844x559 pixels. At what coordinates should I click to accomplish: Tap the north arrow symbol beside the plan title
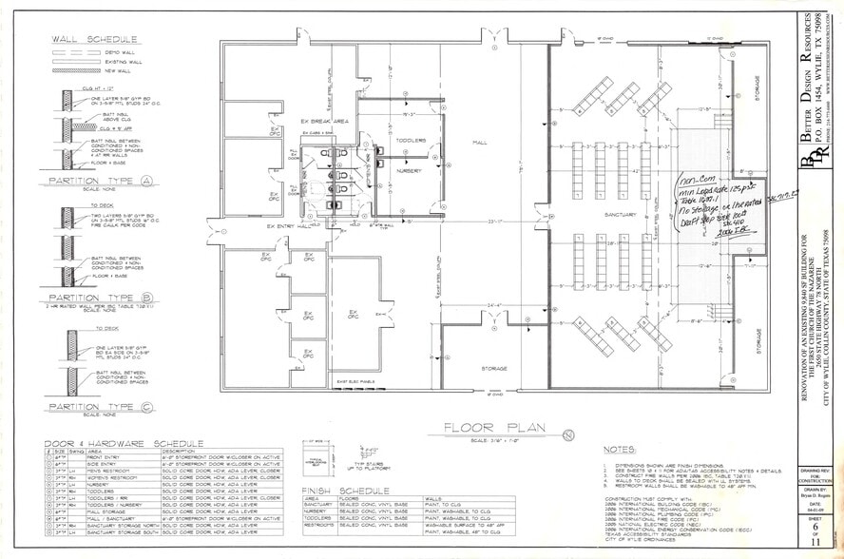point(566,434)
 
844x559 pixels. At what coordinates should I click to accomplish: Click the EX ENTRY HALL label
point(287,226)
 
